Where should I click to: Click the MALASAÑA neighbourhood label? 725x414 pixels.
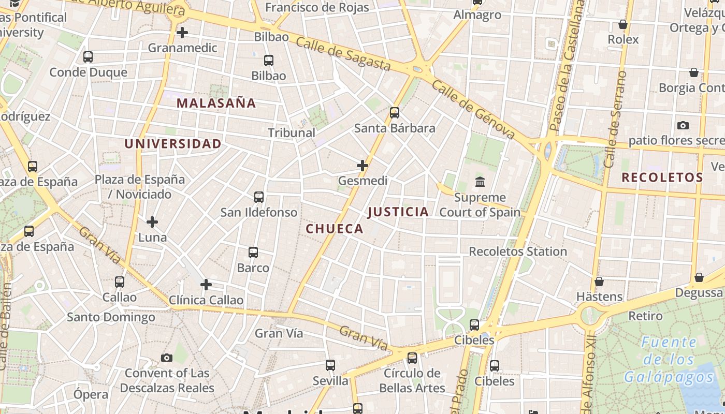pos(216,103)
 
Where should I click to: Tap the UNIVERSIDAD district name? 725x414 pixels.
pos(173,144)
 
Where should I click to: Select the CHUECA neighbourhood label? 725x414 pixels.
pos(335,229)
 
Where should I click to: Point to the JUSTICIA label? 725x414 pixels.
pos(398,212)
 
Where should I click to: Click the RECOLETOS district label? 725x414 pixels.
pos(662,178)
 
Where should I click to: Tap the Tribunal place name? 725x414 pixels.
pos(292,132)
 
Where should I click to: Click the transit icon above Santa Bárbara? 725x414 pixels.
pos(395,113)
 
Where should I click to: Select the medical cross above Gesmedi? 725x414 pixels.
pos(363,166)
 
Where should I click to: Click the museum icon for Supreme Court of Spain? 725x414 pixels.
pos(480,182)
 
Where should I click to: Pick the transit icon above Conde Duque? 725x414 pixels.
pos(88,57)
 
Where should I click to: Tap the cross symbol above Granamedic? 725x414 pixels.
pos(182,33)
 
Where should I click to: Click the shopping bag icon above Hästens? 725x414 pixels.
pos(599,282)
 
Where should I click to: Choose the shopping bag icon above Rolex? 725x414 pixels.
pos(623,24)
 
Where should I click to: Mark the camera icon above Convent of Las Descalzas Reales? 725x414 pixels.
pos(167,358)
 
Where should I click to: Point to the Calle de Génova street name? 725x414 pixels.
pos(473,110)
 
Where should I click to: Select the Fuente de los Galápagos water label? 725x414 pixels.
pos(669,359)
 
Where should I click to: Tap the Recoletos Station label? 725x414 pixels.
pos(518,252)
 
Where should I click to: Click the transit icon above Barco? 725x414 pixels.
pos(253,253)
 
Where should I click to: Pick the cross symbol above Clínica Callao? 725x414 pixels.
pos(206,285)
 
